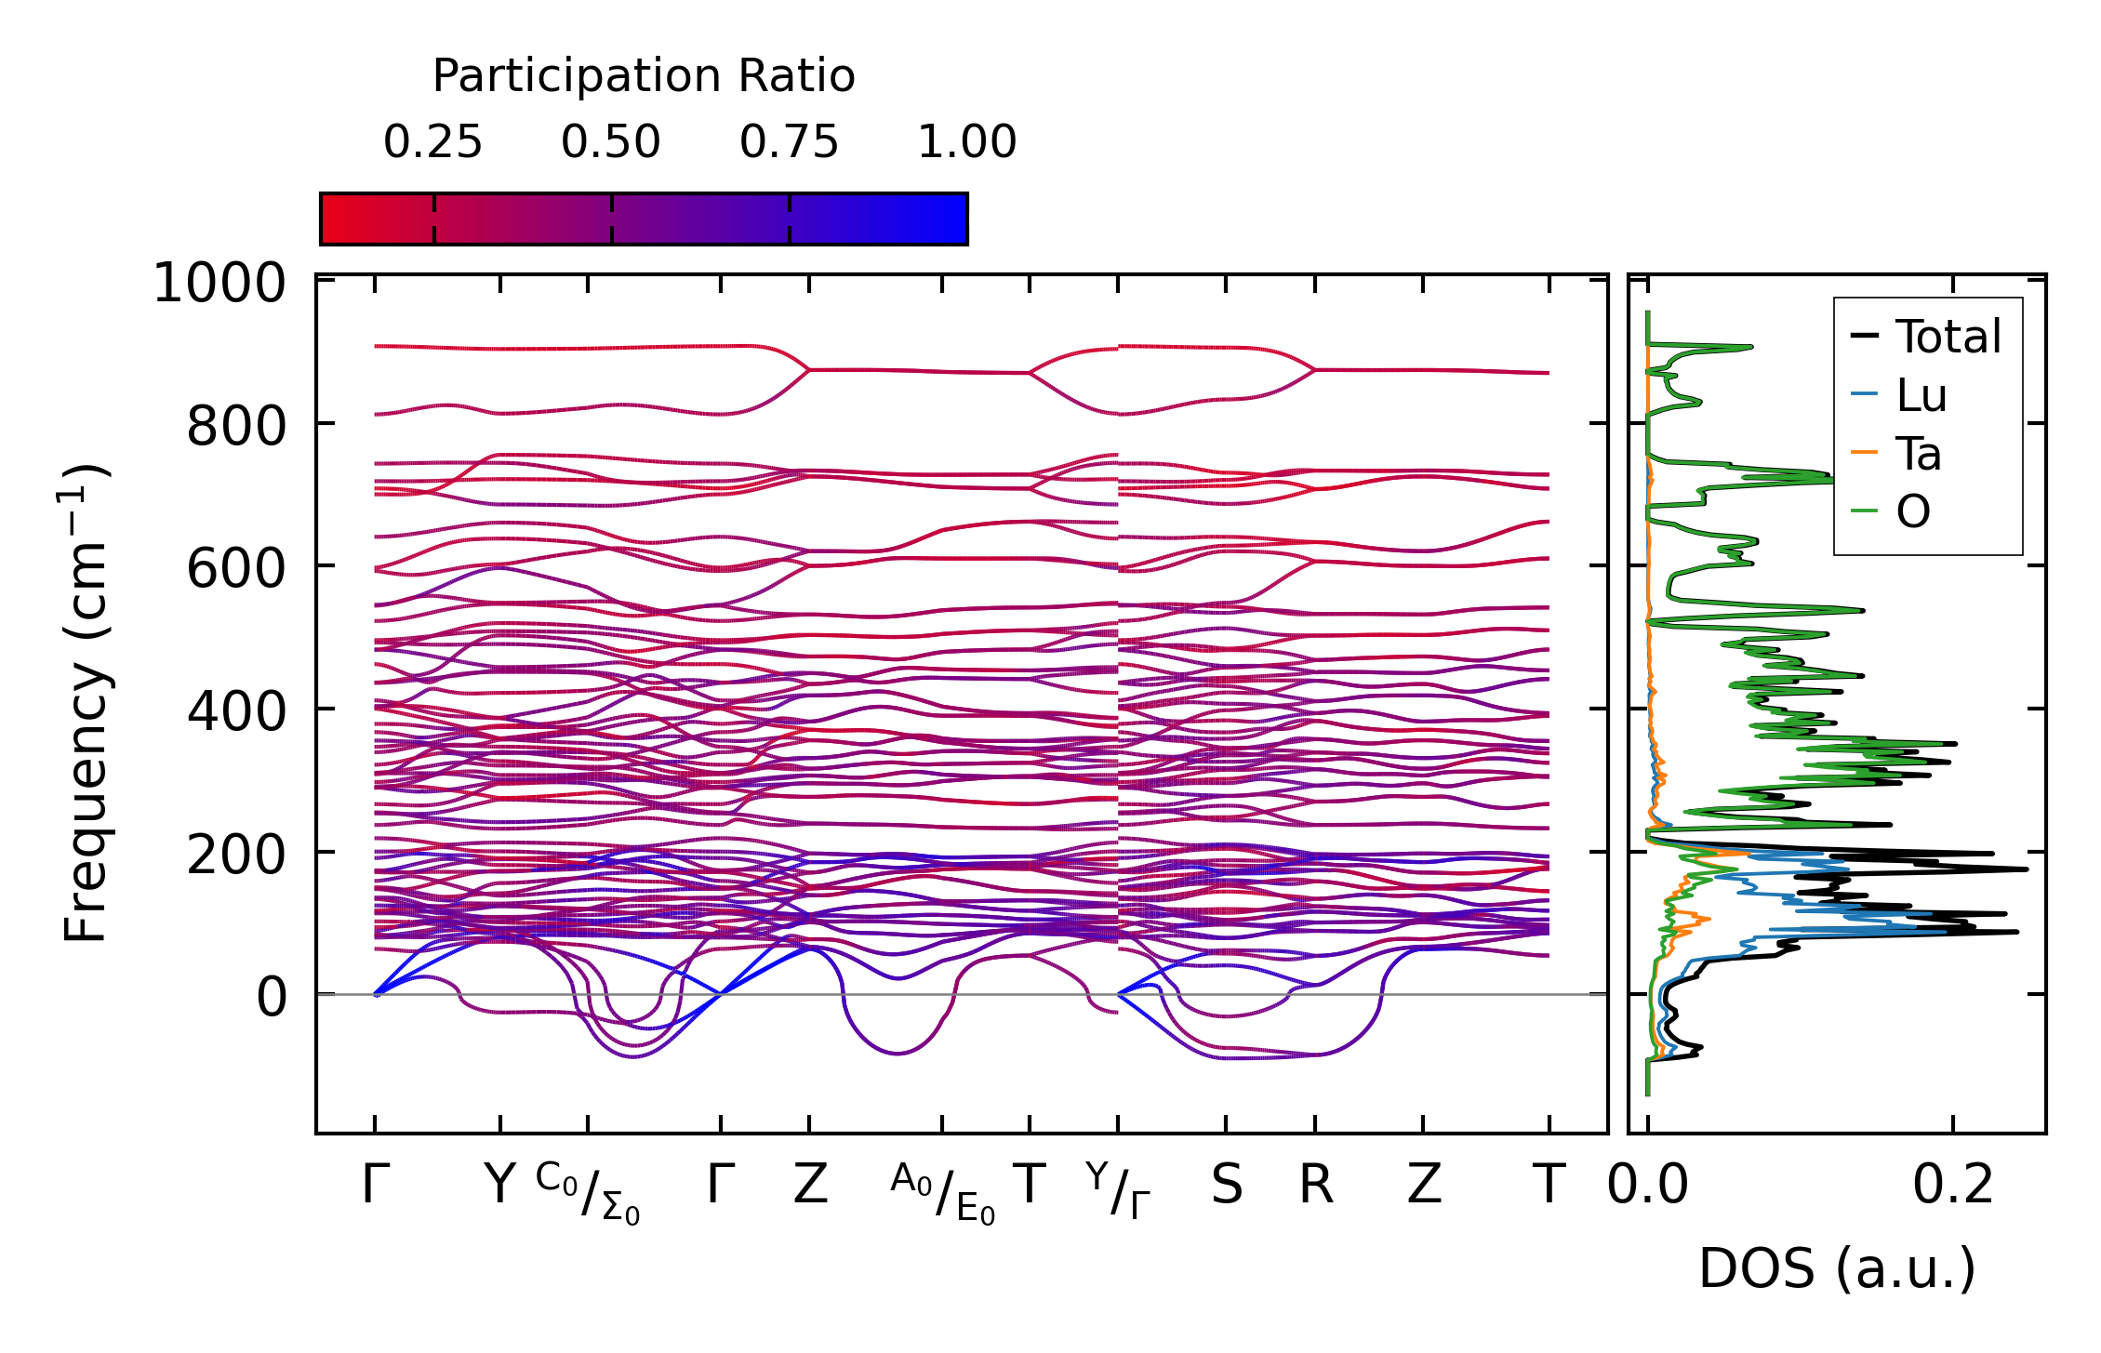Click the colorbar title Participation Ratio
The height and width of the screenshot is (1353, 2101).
pyautogui.click(x=644, y=76)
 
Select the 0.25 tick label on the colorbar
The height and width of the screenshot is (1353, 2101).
pyautogui.click(x=432, y=142)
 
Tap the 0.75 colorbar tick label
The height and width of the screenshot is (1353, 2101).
pyautogui.click(x=789, y=142)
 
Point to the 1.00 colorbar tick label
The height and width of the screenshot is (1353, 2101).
pyautogui.click(x=967, y=142)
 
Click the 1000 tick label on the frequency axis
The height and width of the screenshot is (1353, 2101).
pyautogui.click(x=219, y=284)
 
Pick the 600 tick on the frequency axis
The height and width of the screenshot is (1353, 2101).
pyautogui.click(x=236, y=569)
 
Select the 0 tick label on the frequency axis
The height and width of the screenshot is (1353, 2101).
pyautogui.click(x=272, y=998)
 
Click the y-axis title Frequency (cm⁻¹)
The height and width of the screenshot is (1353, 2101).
pyautogui.click(x=86, y=703)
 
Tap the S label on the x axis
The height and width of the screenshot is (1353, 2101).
pyautogui.click(x=1226, y=1186)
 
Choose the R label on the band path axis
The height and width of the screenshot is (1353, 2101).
pyautogui.click(x=1315, y=1186)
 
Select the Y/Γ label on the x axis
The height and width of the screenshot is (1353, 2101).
pyautogui.click(x=1117, y=1190)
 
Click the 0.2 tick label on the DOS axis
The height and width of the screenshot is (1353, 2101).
pyautogui.click(x=1953, y=1186)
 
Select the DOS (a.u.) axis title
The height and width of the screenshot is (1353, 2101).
pyautogui.click(x=1837, y=1268)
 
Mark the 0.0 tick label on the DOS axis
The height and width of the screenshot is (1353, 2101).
pyautogui.click(x=1648, y=1186)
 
